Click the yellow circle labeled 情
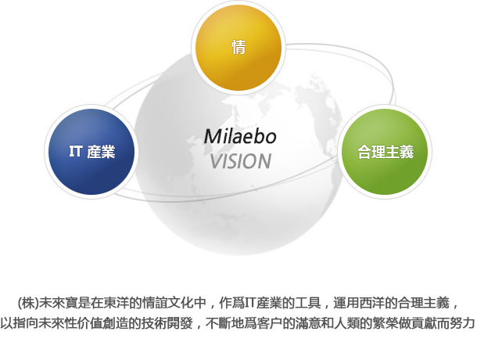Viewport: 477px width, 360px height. pyautogui.click(x=238, y=48)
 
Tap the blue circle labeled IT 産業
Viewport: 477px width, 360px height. pyautogui.click(x=91, y=151)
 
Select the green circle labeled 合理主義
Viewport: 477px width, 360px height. pyautogui.click(x=385, y=151)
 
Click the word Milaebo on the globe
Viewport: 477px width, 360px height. pyautogui.click(x=240, y=136)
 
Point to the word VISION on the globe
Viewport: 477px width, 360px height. pyautogui.click(x=241, y=161)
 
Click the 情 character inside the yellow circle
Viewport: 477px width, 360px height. pyautogui.click(x=238, y=47)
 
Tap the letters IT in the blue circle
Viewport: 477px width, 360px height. pyautogui.click(x=76, y=151)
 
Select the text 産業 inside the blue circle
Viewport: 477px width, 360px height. pyautogui.click(x=101, y=151)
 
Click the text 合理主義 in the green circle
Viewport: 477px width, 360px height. pyautogui.click(x=386, y=151)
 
